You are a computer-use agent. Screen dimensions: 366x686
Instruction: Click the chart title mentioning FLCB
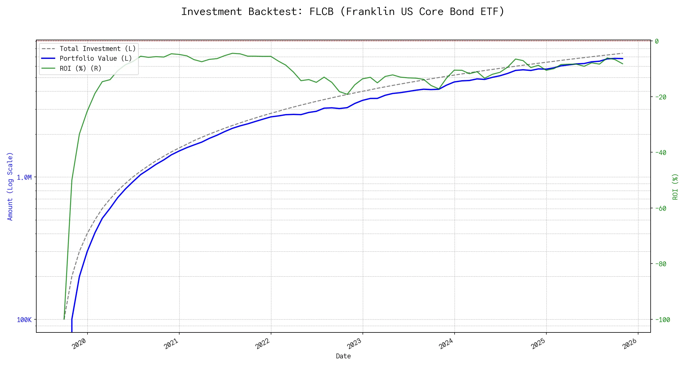(x=343, y=12)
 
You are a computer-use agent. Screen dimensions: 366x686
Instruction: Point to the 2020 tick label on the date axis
(x=79, y=344)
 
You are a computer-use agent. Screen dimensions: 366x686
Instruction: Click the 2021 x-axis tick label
(x=171, y=344)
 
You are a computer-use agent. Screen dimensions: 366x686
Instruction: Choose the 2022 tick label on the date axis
(x=263, y=344)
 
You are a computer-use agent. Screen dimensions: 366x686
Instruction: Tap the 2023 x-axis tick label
(x=355, y=344)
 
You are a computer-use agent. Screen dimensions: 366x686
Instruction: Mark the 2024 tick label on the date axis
(x=446, y=344)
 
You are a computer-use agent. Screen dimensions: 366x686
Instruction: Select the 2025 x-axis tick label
(x=538, y=344)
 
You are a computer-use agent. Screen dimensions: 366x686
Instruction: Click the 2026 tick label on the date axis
(x=630, y=344)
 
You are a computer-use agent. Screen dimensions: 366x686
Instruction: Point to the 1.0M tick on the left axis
(x=24, y=178)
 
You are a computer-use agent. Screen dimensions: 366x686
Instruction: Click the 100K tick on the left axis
(x=24, y=320)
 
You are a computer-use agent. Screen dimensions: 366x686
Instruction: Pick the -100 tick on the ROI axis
(x=662, y=320)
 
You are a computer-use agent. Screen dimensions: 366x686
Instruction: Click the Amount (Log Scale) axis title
(x=10, y=186)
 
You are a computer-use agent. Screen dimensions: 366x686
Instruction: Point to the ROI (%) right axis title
(x=675, y=187)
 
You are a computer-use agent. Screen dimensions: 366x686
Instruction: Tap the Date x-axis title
(x=343, y=356)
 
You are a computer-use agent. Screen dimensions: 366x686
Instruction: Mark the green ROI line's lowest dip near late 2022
(x=347, y=95)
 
